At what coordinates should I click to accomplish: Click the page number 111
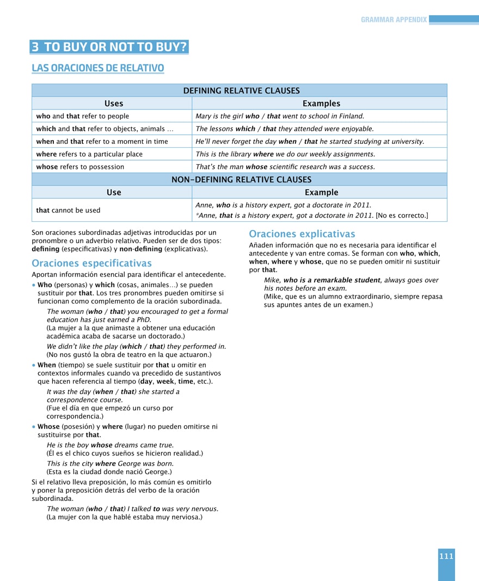click(x=446, y=556)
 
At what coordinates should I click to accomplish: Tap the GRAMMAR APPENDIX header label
click(x=394, y=20)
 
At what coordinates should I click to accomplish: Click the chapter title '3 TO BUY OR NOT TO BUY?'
click(x=109, y=47)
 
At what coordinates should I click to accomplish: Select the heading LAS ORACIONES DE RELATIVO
click(x=98, y=68)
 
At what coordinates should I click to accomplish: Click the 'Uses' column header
click(x=114, y=104)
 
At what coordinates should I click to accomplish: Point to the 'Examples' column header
click(x=321, y=104)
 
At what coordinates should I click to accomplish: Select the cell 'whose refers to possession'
click(x=80, y=167)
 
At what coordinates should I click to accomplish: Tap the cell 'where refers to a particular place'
click(x=89, y=154)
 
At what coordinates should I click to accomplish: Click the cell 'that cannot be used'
click(x=68, y=210)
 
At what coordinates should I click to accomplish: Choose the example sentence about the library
click(x=285, y=154)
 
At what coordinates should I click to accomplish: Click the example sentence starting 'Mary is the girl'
click(x=280, y=116)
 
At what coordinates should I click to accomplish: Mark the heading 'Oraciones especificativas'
click(x=91, y=263)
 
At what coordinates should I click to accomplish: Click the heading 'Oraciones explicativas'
click(x=302, y=234)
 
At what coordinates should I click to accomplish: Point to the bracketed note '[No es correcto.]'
click(x=402, y=215)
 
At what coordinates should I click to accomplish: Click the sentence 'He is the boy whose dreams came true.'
click(x=110, y=445)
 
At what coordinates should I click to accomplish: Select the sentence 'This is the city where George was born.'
click(x=110, y=463)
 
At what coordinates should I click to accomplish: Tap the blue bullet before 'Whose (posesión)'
click(x=34, y=427)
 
